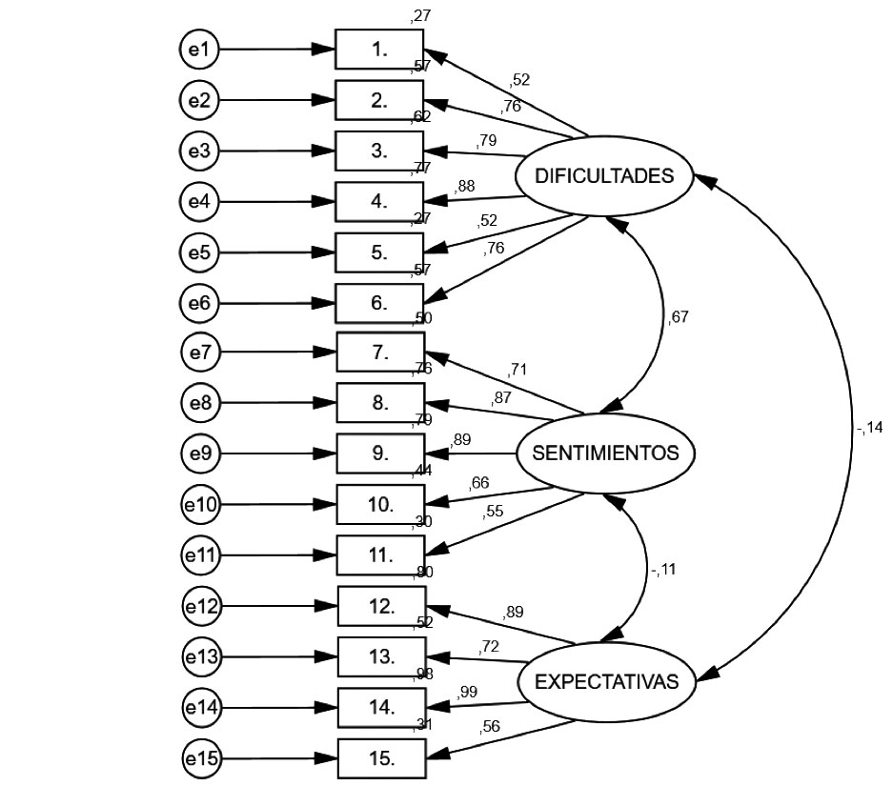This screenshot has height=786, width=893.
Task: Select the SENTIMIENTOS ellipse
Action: (x=605, y=453)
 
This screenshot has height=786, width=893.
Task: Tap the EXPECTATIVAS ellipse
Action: (x=606, y=682)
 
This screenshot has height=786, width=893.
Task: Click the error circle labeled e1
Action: (x=199, y=50)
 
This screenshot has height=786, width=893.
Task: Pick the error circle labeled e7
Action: (x=200, y=353)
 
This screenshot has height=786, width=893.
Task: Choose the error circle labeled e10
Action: (x=200, y=505)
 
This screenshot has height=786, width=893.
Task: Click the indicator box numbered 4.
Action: (x=379, y=201)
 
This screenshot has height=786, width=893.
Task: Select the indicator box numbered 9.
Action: (x=379, y=453)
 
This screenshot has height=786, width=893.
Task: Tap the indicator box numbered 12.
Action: (x=381, y=606)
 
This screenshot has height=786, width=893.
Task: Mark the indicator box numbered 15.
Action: (x=381, y=758)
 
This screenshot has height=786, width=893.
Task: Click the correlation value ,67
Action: (x=678, y=317)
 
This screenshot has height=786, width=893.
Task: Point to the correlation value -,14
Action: (x=869, y=428)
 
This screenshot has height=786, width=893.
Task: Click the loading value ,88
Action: (x=465, y=186)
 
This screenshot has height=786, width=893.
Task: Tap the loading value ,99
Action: (x=467, y=693)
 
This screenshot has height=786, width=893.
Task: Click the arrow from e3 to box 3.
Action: (x=276, y=151)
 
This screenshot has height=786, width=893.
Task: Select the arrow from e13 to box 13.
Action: (x=278, y=657)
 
